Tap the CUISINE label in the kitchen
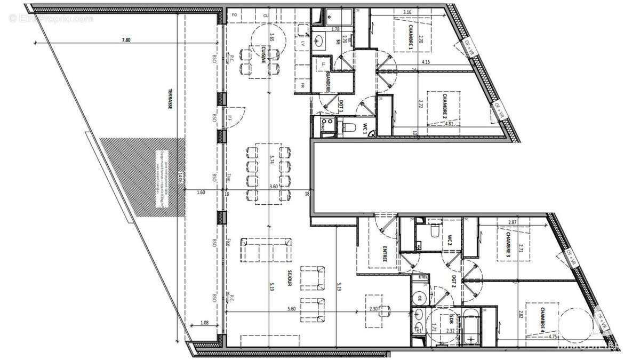(x=263, y=54)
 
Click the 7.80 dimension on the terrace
(x=126, y=39)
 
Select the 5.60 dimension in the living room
(x=291, y=309)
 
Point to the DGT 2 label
(x=452, y=281)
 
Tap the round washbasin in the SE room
(x=322, y=40)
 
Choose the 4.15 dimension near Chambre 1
(x=426, y=62)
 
